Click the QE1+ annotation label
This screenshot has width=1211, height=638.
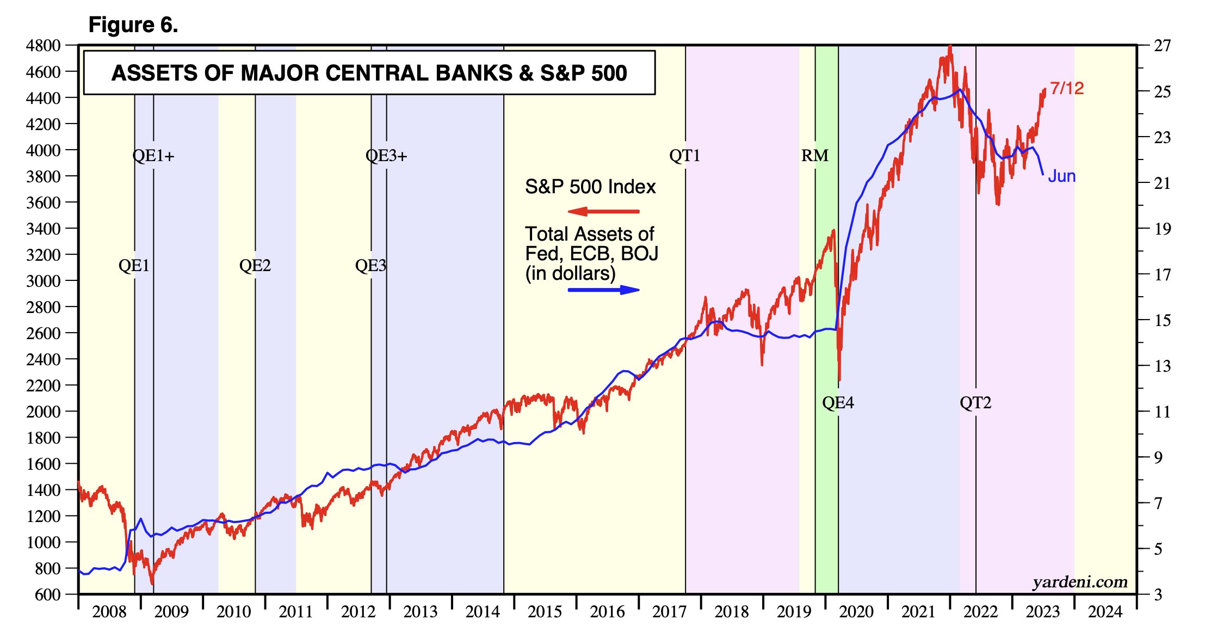153,156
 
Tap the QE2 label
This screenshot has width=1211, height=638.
255,266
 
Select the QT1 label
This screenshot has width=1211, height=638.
684,156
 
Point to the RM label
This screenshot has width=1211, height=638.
814,156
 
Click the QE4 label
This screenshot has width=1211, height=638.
838,403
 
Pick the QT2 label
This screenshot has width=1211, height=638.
975,403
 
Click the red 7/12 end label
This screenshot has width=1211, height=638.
1066,89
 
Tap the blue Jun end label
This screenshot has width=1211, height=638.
1061,176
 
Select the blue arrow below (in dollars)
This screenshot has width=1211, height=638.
604,290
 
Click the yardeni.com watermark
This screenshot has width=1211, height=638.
1080,582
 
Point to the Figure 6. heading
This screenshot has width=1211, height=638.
133,25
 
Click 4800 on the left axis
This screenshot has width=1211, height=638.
43,46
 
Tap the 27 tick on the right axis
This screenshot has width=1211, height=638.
1162,46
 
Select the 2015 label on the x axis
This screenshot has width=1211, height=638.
545,612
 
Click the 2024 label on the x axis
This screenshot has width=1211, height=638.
1105,612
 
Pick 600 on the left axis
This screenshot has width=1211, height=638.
48,594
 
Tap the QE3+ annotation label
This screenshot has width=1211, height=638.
386,156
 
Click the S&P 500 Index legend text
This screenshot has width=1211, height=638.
590,187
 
